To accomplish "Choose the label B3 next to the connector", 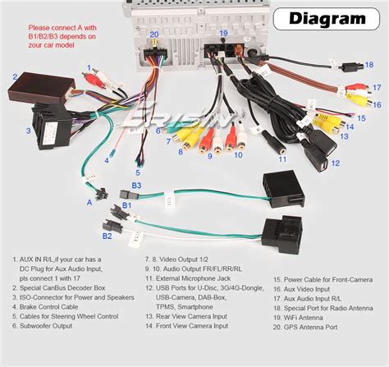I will (x=137, y=186).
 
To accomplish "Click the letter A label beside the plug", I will (x=89, y=200).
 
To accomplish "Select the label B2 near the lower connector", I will (x=107, y=236).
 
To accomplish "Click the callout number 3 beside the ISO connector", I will (x=27, y=131).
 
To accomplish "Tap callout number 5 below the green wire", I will (x=138, y=172).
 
